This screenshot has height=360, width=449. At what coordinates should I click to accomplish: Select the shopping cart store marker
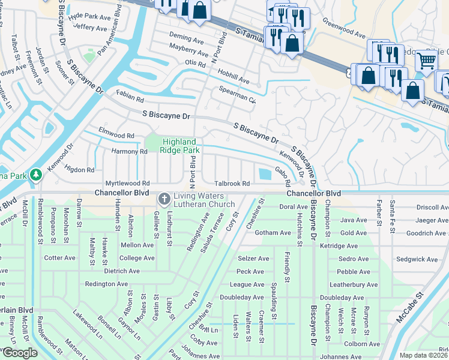pyautogui.click(x=426, y=60)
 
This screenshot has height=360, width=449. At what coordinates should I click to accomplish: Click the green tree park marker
pyautogui.click(x=37, y=175)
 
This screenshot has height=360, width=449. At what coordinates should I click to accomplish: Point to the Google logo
pyautogui.click(x=19, y=353)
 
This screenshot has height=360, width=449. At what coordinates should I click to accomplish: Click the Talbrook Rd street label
pyautogui.click(x=233, y=184)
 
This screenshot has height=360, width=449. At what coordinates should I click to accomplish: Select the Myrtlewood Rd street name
pyautogui.click(x=127, y=184)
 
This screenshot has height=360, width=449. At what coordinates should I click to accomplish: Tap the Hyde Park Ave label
pyautogui.click(x=90, y=16)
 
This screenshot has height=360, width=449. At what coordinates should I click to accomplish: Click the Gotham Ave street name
pyautogui.click(x=273, y=233)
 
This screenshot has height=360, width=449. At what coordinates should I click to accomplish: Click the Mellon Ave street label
pyautogui.click(x=137, y=245)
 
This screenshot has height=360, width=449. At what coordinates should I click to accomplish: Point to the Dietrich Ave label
pyautogui.click(x=123, y=271)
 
